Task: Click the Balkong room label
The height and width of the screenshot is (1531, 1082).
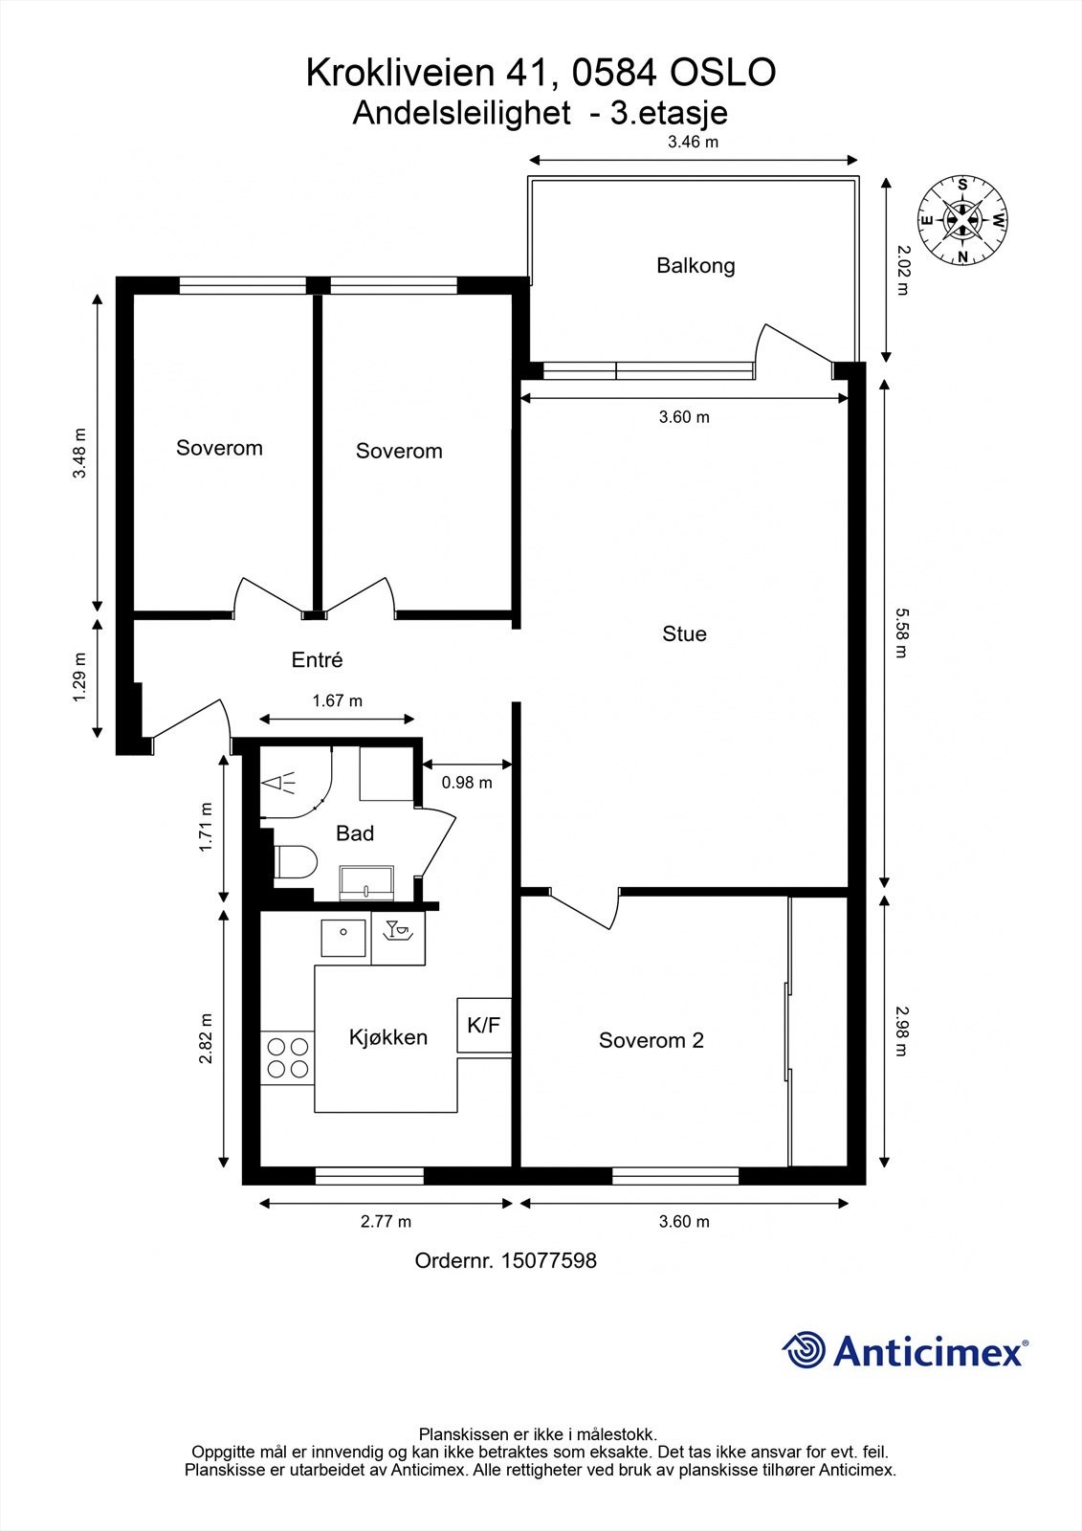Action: [x=696, y=265]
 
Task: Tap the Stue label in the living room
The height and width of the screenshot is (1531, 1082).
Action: [x=684, y=633]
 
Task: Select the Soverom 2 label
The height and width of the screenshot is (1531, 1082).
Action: [x=651, y=1040]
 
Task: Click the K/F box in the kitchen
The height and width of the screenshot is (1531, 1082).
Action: [x=484, y=1026]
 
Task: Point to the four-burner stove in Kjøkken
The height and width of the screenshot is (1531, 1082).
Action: [x=287, y=1057]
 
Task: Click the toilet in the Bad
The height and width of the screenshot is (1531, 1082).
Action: [x=295, y=862]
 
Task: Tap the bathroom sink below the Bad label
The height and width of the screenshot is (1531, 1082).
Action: [x=366, y=882]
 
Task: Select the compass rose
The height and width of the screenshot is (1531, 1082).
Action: [x=962, y=220]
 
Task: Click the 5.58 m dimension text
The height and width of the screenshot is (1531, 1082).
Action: [x=900, y=632]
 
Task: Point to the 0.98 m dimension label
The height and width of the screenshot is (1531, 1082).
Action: [x=467, y=783]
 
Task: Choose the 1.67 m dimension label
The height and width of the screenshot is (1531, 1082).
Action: [x=337, y=701]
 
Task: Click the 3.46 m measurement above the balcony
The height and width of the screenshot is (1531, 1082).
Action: [x=693, y=143]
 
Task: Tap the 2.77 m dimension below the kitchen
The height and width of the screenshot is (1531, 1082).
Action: [x=386, y=1222]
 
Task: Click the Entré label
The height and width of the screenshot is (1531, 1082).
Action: [x=317, y=659]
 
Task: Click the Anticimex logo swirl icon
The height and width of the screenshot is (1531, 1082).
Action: [x=804, y=1350]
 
